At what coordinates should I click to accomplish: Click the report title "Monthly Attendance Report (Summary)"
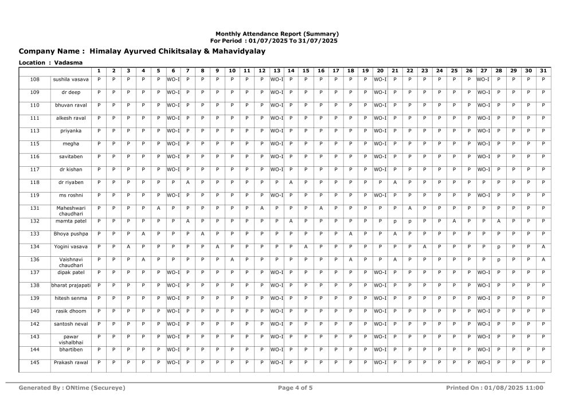click(x=277, y=34)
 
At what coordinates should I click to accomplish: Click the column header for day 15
click(x=306, y=71)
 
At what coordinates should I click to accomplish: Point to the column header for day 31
click(x=543, y=71)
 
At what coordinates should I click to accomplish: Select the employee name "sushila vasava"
click(x=71, y=79)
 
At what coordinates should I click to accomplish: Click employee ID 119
click(x=34, y=195)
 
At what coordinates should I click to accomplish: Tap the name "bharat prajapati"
click(x=71, y=285)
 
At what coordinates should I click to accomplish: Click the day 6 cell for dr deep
click(x=173, y=92)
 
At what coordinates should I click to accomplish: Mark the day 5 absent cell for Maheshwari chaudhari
click(x=158, y=207)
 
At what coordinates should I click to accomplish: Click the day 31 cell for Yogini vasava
click(x=543, y=246)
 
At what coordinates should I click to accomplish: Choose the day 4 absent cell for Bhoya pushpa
click(x=143, y=233)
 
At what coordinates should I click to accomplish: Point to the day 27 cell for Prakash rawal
click(x=483, y=362)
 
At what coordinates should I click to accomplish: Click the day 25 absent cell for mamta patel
click(x=453, y=221)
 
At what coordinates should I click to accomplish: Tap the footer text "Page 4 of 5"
click(x=295, y=388)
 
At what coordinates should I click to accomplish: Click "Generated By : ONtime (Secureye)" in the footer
click(x=72, y=388)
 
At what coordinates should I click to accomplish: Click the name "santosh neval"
click(x=71, y=324)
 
